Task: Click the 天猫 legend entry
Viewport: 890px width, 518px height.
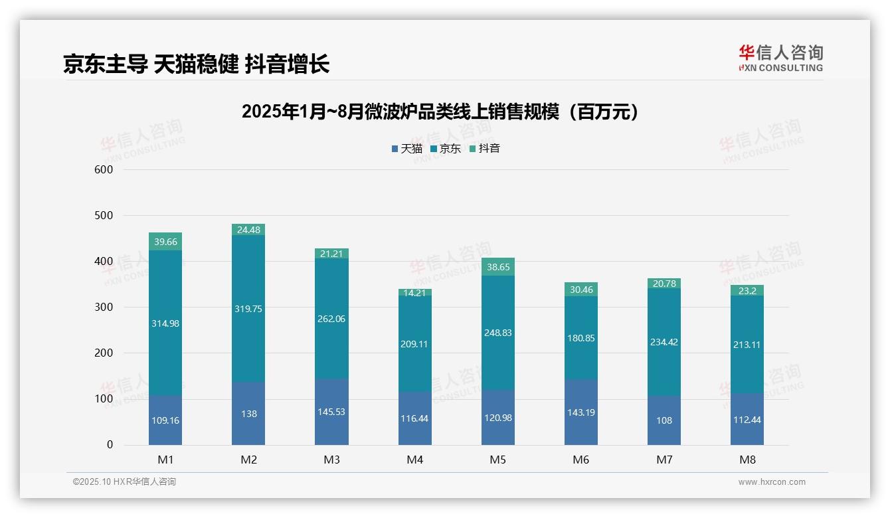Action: (406, 149)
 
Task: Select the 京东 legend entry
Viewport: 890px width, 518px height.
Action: (445, 149)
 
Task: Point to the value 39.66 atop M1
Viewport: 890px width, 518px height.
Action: (165, 242)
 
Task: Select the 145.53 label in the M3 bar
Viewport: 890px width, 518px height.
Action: (331, 412)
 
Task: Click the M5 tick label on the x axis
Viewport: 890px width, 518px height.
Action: (497, 460)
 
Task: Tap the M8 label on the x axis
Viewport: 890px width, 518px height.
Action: (747, 460)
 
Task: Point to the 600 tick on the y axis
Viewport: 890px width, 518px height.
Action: (104, 169)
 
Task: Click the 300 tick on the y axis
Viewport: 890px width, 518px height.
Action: (104, 307)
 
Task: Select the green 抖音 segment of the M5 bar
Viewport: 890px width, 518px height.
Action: (497, 267)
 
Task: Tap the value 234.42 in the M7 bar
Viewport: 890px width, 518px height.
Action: (664, 342)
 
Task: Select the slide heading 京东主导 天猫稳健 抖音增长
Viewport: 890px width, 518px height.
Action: (196, 64)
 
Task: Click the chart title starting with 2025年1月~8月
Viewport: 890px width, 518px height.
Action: (440, 112)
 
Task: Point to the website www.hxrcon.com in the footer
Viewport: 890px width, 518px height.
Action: (772, 482)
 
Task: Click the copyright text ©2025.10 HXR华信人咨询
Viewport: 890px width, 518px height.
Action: (124, 481)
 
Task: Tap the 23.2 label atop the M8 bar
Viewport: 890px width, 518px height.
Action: (747, 290)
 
